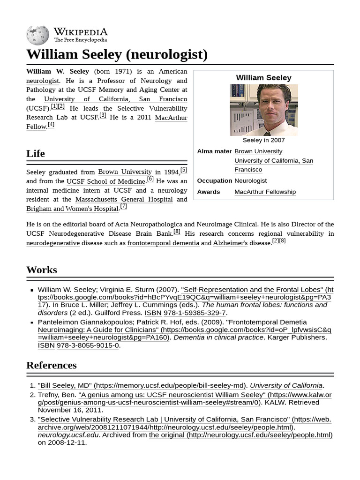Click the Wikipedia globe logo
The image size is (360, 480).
(37, 34)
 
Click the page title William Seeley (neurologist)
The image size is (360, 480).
(117, 54)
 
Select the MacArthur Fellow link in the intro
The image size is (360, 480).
(171, 117)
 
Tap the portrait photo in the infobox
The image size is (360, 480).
(263, 110)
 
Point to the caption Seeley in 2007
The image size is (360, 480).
(263, 140)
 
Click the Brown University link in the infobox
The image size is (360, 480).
(258, 151)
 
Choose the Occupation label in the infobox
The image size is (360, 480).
(214, 180)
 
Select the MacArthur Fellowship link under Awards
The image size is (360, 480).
(265, 192)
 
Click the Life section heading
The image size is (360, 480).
(36, 153)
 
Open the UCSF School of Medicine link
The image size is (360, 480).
(106, 181)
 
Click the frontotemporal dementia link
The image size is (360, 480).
(163, 243)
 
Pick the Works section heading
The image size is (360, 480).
(42, 270)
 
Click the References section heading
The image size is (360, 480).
(52, 365)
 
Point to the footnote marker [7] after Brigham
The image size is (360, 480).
(124, 206)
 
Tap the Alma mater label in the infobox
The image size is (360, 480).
(214, 151)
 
